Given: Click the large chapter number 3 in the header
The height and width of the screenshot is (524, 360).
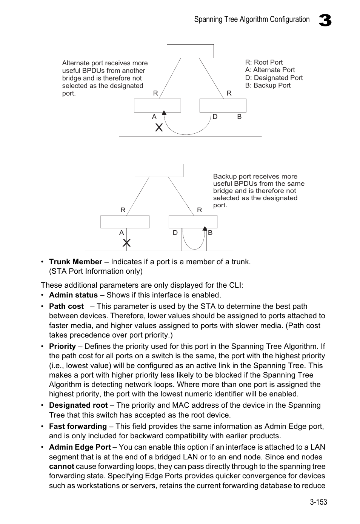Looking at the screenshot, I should pos(326,20).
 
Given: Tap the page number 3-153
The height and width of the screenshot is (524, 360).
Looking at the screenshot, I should pos(318,502).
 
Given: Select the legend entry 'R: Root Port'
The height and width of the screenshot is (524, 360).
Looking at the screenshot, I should pos(264,62).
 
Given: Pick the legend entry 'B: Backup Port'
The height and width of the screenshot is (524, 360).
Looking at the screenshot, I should pos(268,85).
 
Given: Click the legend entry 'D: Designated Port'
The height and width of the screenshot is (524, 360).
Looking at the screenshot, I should pos(274,78).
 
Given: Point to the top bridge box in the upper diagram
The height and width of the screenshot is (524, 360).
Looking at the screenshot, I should pos(190,51).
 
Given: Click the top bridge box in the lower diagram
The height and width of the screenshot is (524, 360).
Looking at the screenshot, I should pos(159,170).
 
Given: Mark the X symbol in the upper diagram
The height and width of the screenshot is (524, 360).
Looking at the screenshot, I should pos(159,128).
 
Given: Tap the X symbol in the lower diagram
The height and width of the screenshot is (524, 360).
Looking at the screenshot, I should pos(127,243).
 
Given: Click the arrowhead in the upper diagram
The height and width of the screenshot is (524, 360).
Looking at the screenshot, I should pos(164,112).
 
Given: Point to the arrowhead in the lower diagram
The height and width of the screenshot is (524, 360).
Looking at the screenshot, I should pos(205,228).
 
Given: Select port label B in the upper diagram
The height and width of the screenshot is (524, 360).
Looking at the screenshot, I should pos(239,117).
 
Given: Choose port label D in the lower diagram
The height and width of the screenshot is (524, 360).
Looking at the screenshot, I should pos(175,233).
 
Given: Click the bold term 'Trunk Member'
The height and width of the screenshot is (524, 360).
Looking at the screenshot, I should pos(75,262).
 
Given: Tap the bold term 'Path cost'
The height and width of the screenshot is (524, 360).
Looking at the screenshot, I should pos(66,306).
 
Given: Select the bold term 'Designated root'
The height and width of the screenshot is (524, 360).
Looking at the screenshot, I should pos(78,405).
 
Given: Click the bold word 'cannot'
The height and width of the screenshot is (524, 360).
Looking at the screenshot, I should pos(62,466).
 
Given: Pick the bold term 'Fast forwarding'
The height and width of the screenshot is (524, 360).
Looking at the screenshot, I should pos(78,426).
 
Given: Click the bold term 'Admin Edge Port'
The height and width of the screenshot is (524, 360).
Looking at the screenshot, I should pos(80,447).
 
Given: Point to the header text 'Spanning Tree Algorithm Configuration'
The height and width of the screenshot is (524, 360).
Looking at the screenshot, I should pos(252,20).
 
